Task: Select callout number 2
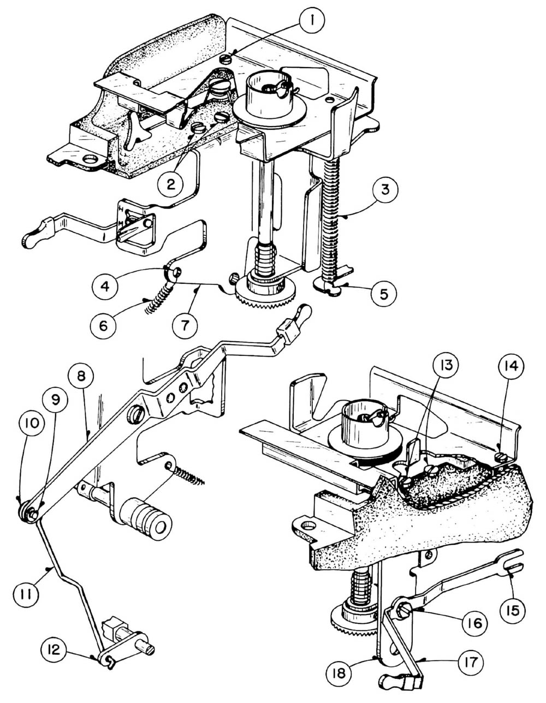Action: point(170,184)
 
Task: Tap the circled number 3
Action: point(385,189)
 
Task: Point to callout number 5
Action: point(384,294)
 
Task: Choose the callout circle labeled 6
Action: point(103,326)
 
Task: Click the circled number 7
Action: point(185,325)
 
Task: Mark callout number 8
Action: point(81,376)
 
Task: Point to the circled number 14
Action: point(510,366)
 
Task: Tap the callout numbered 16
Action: point(475,623)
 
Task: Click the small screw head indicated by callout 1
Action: point(225,58)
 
